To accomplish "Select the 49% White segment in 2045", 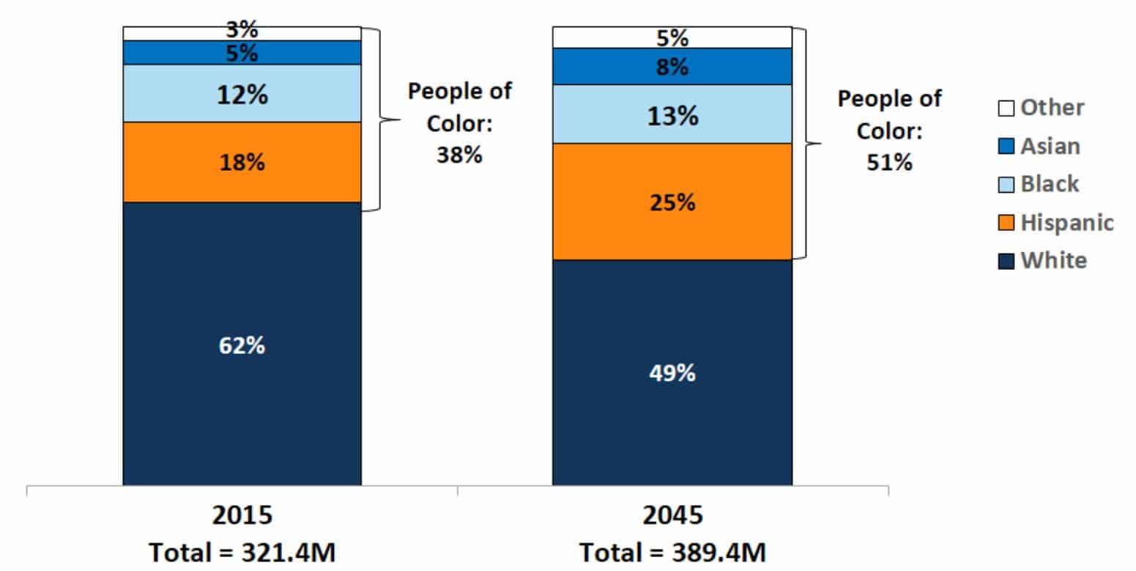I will [x=672, y=372].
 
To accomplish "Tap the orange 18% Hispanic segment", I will [x=242, y=162].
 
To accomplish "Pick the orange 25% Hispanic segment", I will [x=672, y=202].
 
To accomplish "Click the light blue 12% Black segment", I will [x=242, y=94].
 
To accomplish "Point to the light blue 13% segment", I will [x=672, y=114].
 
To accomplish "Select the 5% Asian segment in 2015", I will [x=242, y=53].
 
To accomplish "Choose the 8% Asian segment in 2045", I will [x=672, y=67].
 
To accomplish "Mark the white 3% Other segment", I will [x=242, y=33].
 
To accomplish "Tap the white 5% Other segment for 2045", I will [x=672, y=37].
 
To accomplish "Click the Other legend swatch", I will [x=1006, y=108].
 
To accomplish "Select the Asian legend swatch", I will [x=1006, y=147].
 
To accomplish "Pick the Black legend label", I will [x=1050, y=184].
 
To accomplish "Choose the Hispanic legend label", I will [x=1067, y=222].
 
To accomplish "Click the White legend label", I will [x=1054, y=260].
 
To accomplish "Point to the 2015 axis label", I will [x=242, y=515].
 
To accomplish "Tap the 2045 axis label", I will [x=672, y=515].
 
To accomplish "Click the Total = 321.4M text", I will [x=242, y=552].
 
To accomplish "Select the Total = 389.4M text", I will [x=672, y=552].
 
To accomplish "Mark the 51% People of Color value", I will [x=889, y=162].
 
